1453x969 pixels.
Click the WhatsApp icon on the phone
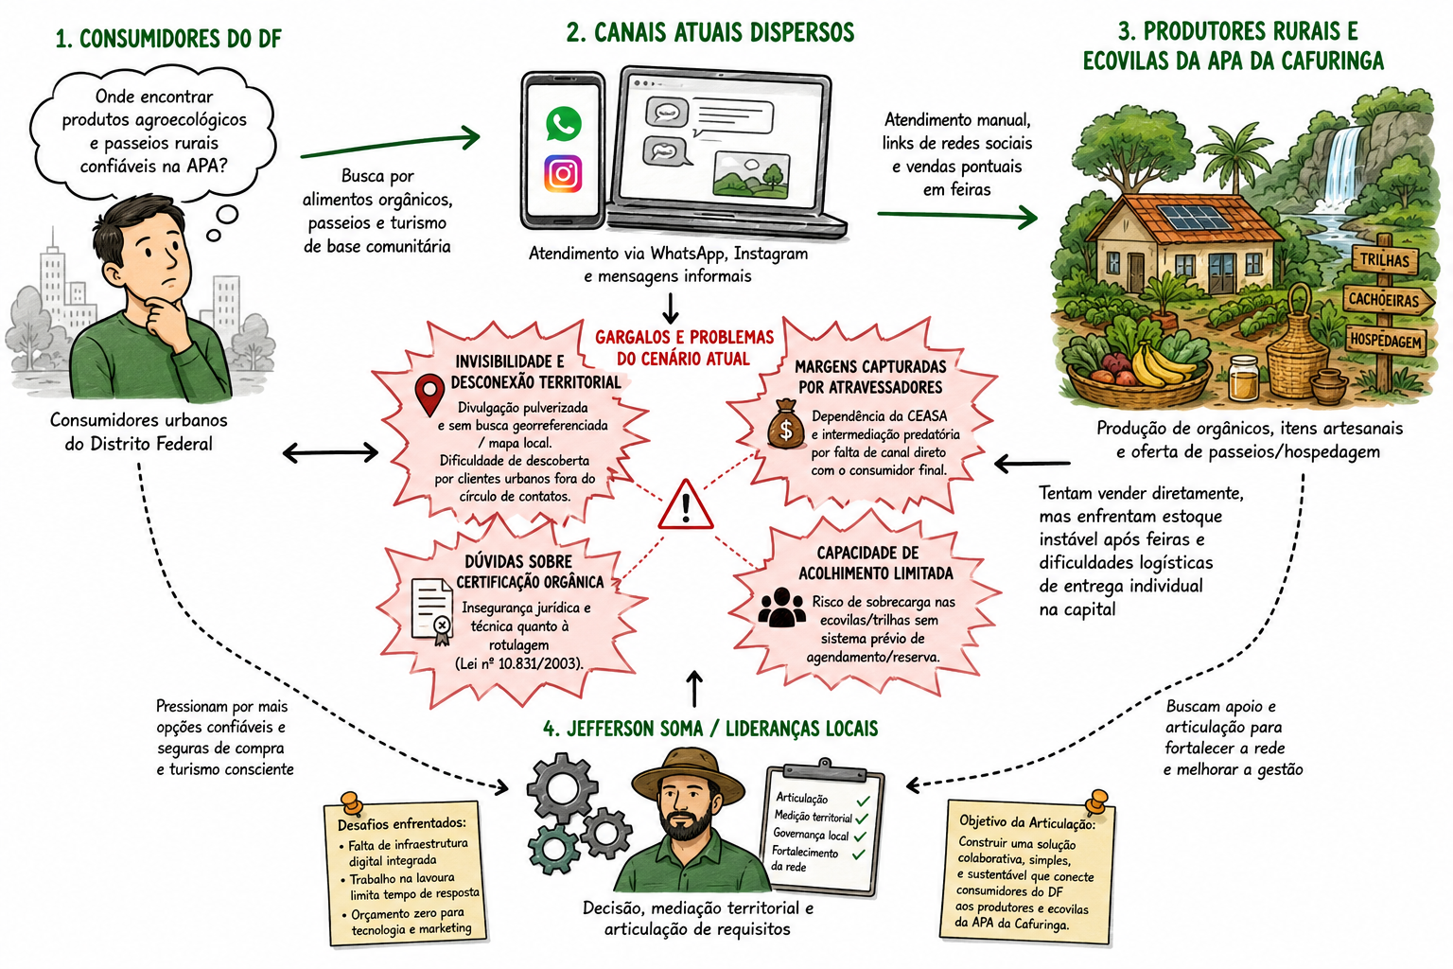(563, 123)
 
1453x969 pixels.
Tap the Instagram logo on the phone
(563, 173)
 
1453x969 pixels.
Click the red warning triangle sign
(686, 505)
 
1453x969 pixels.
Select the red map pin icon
(429, 394)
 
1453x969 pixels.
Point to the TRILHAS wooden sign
(1385, 259)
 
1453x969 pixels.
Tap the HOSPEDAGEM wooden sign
(1386, 340)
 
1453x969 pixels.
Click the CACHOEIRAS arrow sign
(1387, 299)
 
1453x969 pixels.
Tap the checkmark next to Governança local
(860, 837)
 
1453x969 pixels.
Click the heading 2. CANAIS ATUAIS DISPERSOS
(710, 32)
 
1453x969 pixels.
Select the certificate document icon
(432, 610)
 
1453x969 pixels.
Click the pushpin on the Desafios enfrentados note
(352, 802)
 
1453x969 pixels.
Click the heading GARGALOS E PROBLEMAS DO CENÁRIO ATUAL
(684, 348)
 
